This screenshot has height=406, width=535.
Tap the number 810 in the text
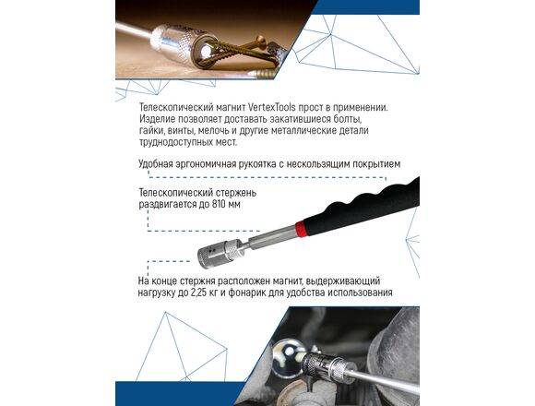click(x=218, y=204)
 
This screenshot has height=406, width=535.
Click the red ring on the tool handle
click(x=300, y=229)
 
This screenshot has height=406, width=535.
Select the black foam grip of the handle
click(x=363, y=206)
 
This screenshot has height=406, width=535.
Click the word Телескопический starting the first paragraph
click(x=176, y=107)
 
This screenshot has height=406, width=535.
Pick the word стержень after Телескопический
click(x=236, y=193)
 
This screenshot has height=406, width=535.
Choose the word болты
click(x=348, y=119)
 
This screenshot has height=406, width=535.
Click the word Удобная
click(x=156, y=163)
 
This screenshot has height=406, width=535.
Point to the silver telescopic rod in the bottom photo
click(x=383, y=378)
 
